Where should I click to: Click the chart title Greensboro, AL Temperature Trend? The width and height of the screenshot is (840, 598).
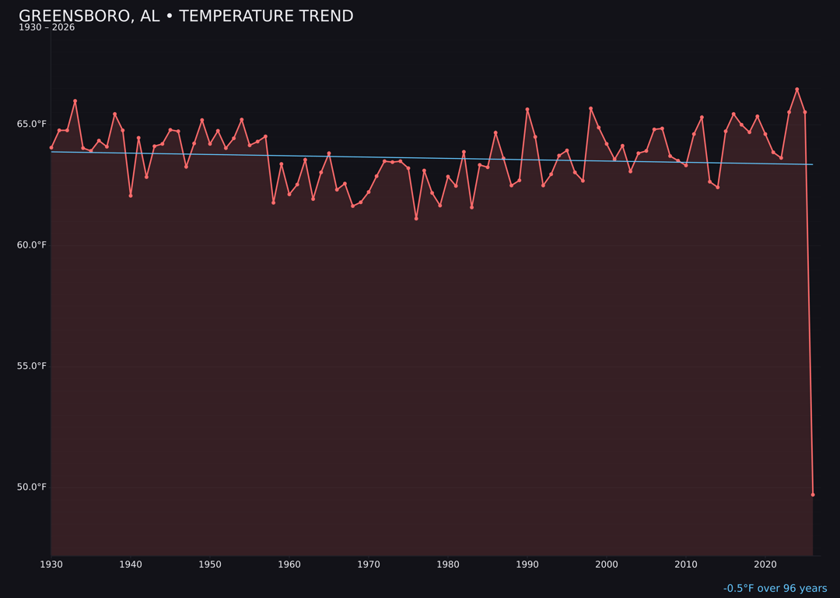tap(186, 16)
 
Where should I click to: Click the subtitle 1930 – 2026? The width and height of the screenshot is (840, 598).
tap(47, 28)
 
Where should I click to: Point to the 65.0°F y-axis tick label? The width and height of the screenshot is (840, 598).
tap(32, 124)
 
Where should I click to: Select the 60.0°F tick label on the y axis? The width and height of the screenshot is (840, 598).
tap(32, 245)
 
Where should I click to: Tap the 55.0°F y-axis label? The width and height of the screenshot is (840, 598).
tap(32, 366)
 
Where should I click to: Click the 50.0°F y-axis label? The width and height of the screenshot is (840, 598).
tap(32, 487)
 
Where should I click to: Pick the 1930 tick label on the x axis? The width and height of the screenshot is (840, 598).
tap(51, 565)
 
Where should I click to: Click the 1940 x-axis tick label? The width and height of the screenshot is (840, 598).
tap(131, 565)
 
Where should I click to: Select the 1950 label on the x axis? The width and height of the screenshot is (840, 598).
tap(210, 565)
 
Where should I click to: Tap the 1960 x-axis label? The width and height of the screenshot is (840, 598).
tap(289, 565)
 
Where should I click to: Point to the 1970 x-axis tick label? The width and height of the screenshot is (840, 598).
tap(369, 565)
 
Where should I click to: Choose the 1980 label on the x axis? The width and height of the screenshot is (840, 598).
tap(448, 565)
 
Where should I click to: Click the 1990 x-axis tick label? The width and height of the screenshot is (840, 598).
tap(527, 565)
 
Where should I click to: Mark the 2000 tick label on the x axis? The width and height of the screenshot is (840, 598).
tap(607, 565)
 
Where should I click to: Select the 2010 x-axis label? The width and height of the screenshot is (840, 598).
tap(686, 565)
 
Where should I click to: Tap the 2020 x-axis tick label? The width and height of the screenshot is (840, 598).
tap(765, 565)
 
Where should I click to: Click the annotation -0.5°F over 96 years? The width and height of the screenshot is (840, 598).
tap(775, 589)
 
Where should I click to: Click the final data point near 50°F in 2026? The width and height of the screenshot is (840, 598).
tap(813, 494)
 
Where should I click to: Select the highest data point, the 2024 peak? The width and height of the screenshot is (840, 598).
tap(796, 90)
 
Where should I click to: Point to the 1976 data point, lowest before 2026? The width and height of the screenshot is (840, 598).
tap(416, 219)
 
